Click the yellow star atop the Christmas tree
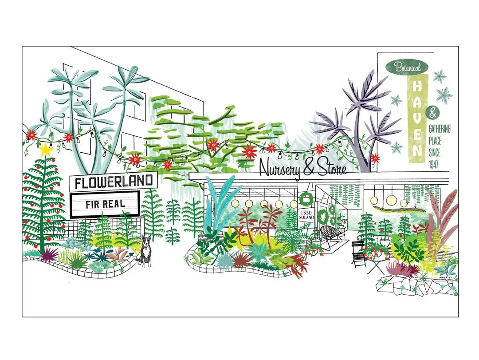point(46,150)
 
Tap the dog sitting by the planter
point(144,252)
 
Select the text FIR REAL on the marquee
point(105,205)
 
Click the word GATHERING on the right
point(439,129)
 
